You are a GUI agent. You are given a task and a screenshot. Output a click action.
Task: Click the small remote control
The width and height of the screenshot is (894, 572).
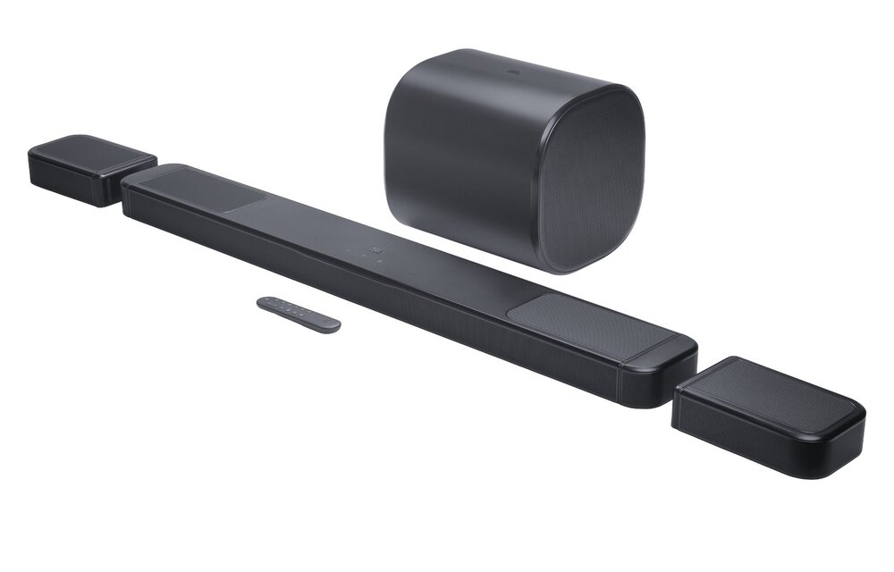(298, 315)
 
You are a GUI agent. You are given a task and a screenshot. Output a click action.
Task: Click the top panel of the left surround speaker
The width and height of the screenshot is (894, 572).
(89, 152)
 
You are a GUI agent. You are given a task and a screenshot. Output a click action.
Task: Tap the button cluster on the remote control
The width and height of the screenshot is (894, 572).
(284, 308)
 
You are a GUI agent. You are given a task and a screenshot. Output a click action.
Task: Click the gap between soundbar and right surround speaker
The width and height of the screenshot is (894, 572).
(685, 380)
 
